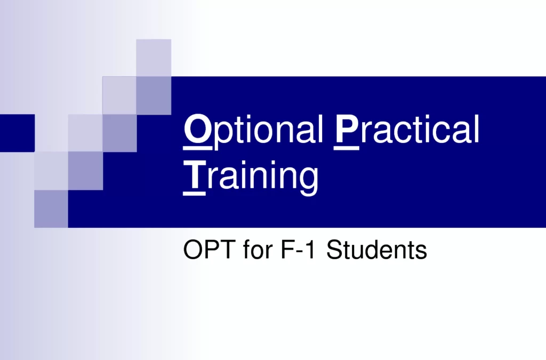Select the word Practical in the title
pos(406,129)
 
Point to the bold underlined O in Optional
pos(197,129)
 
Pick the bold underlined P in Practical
pos(347,129)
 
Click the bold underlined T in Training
pos(194,177)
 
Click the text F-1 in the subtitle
pos(298,249)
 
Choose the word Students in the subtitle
pos(376,249)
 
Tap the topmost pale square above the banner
pos(154,58)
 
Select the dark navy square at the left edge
pos(18,133)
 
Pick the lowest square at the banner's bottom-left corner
pos(51,209)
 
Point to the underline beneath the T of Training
pos(194,194)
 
